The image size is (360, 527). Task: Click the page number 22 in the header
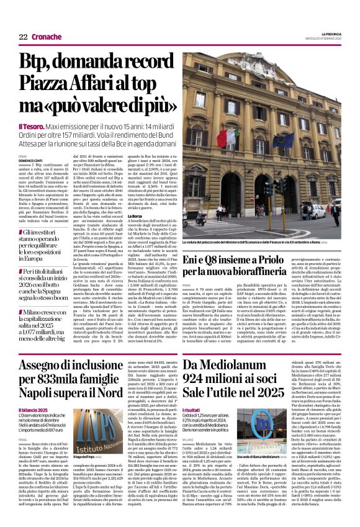[x=23, y=37]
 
